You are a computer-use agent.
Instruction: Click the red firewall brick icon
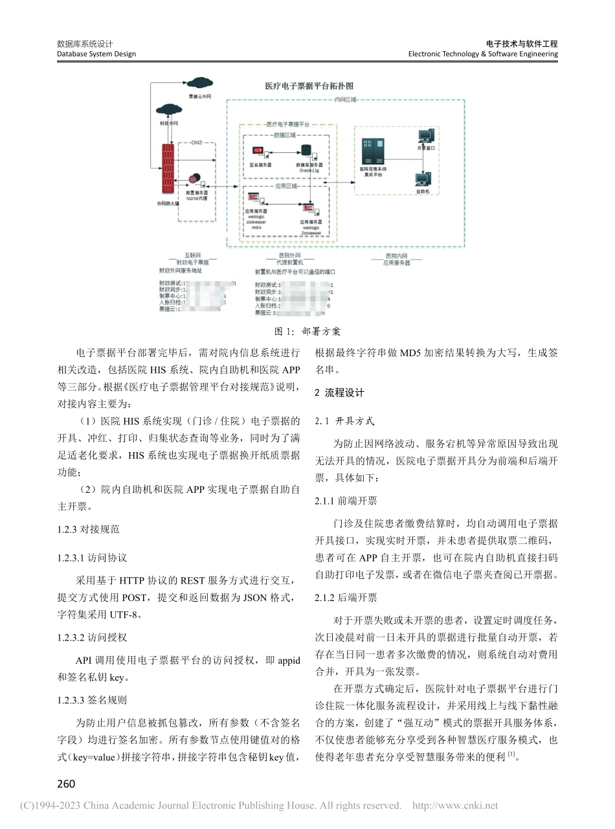coord(168,167)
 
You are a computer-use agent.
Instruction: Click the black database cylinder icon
coord(306,151)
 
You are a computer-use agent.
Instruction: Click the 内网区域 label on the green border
coord(345,100)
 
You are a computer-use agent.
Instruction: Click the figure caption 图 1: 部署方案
coord(307,332)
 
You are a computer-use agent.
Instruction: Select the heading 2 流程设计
coord(339,392)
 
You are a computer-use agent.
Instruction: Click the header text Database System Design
coord(96,54)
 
